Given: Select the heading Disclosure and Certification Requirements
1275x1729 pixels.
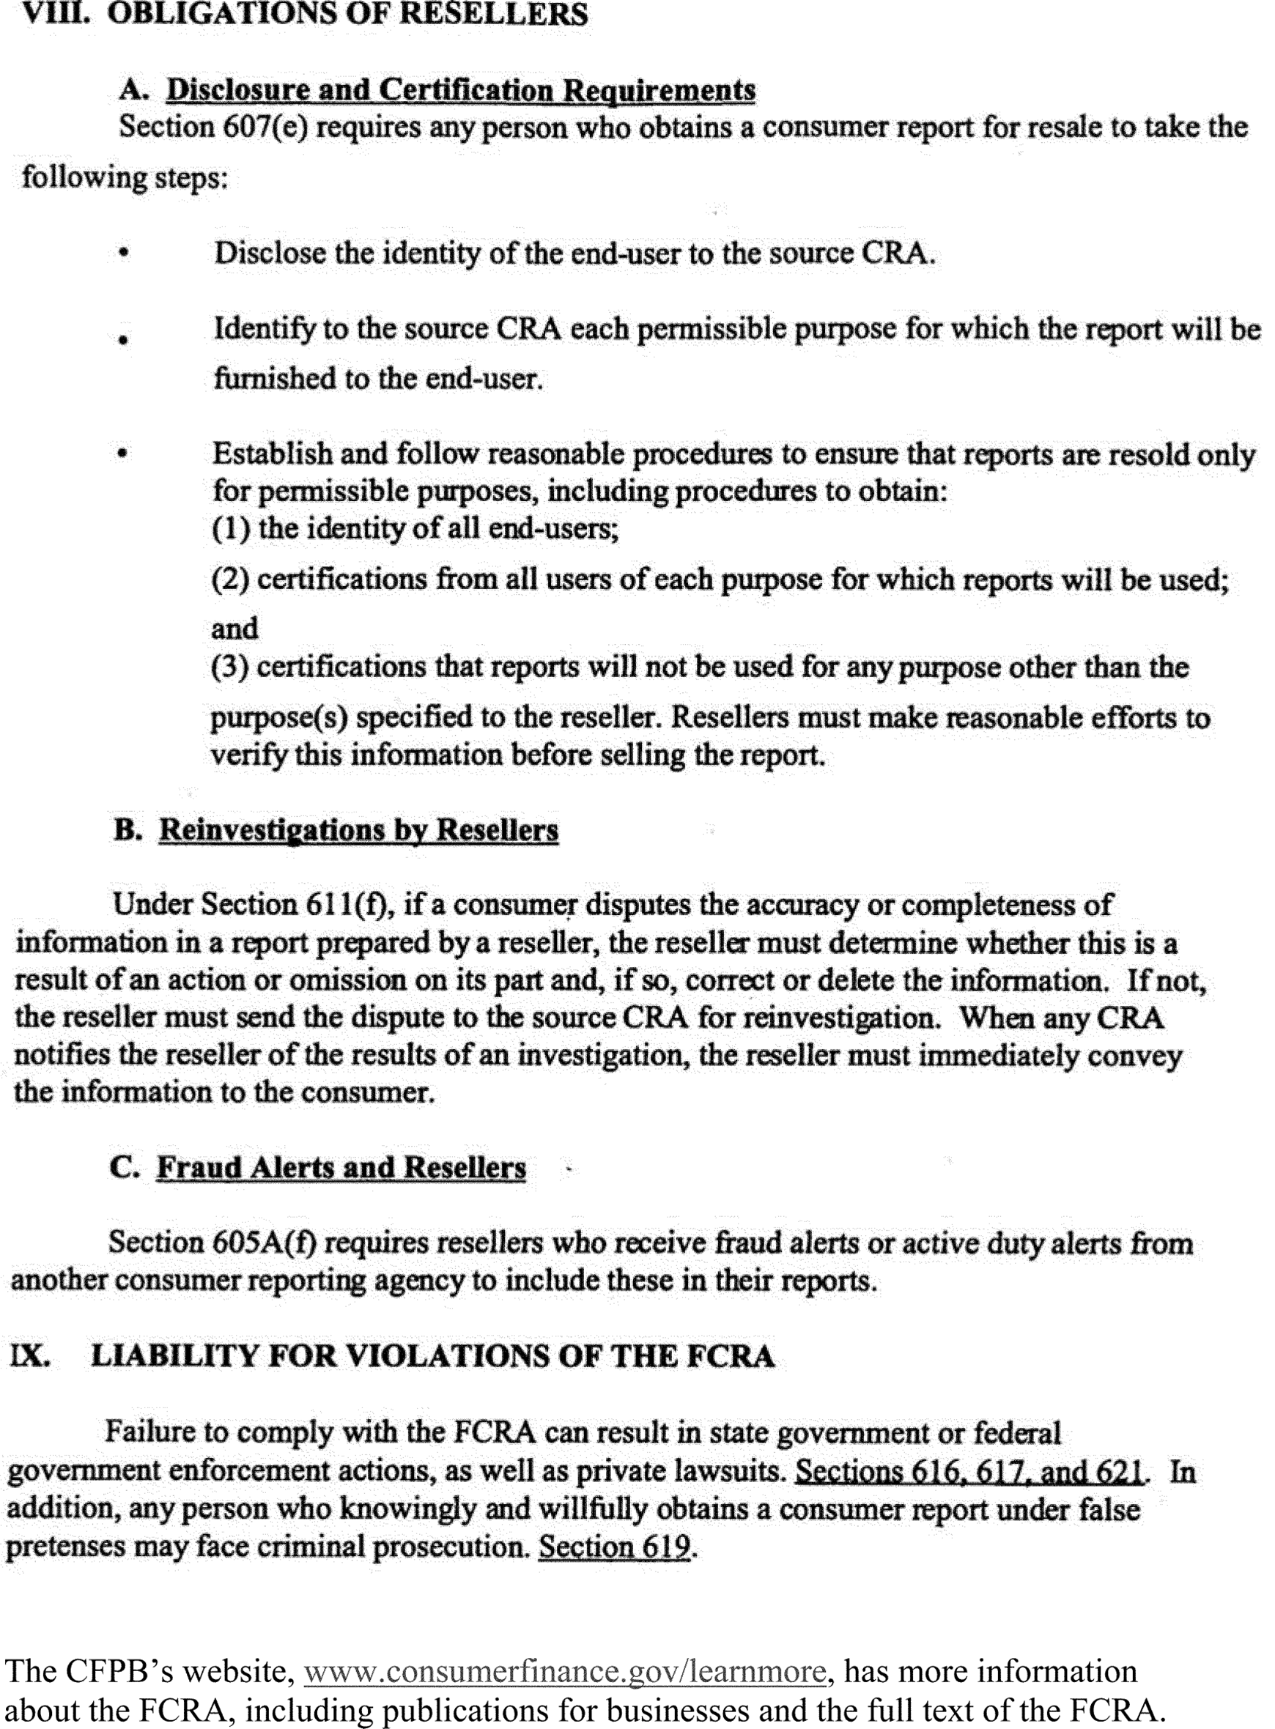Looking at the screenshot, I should tap(461, 90).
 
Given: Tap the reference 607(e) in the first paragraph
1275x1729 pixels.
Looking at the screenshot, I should tap(265, 127).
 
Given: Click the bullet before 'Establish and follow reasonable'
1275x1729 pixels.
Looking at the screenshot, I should tap(122, 453).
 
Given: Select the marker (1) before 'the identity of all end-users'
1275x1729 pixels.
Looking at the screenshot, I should tap(230, 528).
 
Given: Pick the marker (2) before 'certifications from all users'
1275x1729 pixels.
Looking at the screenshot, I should tap(229, 580).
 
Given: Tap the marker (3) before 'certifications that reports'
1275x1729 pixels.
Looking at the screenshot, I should tap(229, 667).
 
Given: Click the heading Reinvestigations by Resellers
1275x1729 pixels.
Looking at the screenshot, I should tap(358, 830).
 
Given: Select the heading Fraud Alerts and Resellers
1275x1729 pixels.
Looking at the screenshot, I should tap(341, 1167).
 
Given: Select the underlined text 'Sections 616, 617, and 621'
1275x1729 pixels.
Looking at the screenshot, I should tap(969, 1471).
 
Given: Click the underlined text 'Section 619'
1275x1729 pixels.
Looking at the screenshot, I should tap(614, 1546).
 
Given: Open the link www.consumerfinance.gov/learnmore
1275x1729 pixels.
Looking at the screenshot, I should tap(565, 1671).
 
